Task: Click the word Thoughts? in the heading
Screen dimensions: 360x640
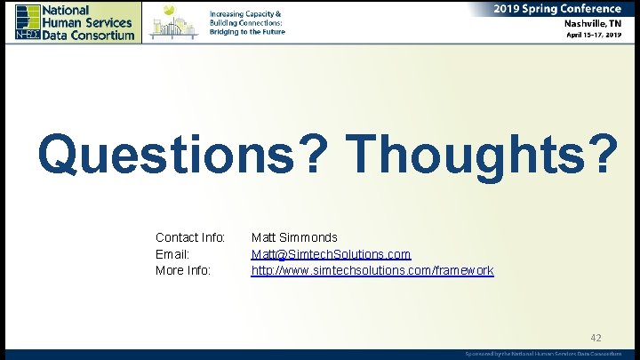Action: [484, 154]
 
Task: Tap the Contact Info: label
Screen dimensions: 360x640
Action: [190, 237]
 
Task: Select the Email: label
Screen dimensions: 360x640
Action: [172, 253]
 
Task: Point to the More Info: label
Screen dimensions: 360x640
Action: [183, 269]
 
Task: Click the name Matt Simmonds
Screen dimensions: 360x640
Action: [294, 237]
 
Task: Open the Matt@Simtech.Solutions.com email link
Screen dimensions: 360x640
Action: [331, 253]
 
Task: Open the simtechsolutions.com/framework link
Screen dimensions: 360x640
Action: [372, 269]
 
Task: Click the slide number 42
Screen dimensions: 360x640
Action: [596, 338]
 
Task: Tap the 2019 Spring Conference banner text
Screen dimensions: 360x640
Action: [558, 8]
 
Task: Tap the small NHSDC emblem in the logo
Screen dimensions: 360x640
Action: [26, 35]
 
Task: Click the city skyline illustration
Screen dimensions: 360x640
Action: [173, 22]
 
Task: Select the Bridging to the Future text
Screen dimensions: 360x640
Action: [246, 32]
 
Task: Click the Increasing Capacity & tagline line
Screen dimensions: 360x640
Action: [245, 14]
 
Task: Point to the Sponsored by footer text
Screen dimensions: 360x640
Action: [543, 354]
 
